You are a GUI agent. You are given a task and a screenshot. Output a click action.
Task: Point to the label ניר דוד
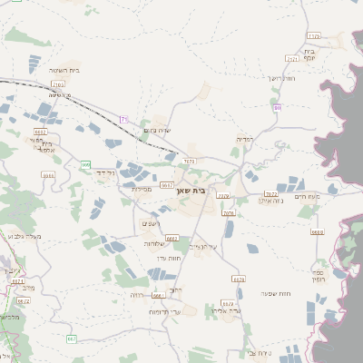tap(105, 170)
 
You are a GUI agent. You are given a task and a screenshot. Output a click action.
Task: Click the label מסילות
tap(140, 189)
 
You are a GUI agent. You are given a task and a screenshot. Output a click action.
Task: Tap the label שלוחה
tap(152, 244)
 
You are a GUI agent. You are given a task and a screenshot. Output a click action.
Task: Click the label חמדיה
tap(243, 139)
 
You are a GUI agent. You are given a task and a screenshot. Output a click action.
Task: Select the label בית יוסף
tap(333, 55)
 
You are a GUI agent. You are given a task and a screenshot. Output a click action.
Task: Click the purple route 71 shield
tap(124, 119)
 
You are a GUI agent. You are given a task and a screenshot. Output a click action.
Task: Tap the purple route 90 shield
tap(277, 108)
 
